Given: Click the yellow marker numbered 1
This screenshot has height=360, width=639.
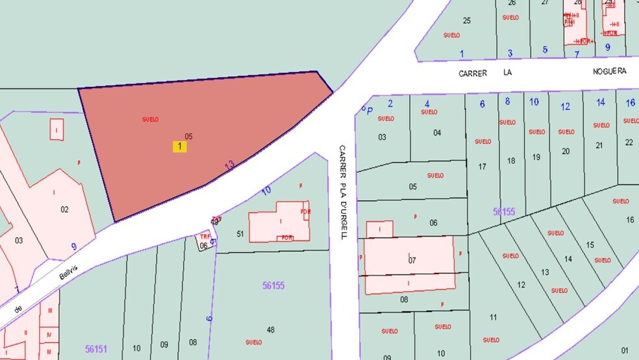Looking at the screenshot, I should point(179,147).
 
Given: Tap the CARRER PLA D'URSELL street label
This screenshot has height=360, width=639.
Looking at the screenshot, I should point(342,192).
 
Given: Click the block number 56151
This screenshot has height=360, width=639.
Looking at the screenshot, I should point(95,349).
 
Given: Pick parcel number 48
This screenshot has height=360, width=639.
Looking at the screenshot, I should point(270,330).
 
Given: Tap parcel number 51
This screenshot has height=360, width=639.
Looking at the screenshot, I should point(240,234).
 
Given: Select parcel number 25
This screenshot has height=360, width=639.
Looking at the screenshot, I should point(466,21).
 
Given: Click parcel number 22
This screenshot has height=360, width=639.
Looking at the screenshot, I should point(629,142).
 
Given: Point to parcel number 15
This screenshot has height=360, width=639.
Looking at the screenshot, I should point(590,245).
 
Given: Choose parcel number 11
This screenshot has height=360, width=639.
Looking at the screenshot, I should point(493,317).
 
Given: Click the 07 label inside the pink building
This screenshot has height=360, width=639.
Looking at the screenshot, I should point(411,261).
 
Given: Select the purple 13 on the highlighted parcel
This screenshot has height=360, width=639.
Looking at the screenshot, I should point(229,166).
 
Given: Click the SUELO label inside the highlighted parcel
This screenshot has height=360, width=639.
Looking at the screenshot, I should point(150,120).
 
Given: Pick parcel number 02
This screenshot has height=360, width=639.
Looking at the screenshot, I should point(64,209).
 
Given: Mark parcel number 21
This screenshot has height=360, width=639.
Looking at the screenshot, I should point(599,146).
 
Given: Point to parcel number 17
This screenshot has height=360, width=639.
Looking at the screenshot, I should point(482,167).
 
